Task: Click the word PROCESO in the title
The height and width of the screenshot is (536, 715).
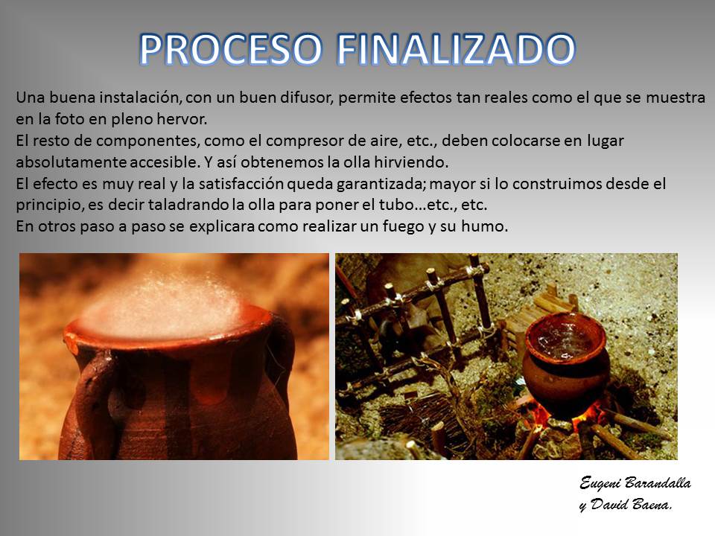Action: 231,49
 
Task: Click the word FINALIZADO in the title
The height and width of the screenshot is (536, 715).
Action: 456,49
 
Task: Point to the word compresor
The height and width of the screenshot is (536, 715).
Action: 303,141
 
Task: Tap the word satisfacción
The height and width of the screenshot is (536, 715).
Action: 241,184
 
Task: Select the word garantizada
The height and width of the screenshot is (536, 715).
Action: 381,185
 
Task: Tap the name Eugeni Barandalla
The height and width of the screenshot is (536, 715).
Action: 635,483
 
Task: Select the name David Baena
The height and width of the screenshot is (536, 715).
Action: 631,504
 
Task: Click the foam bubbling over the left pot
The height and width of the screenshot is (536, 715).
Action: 164,303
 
